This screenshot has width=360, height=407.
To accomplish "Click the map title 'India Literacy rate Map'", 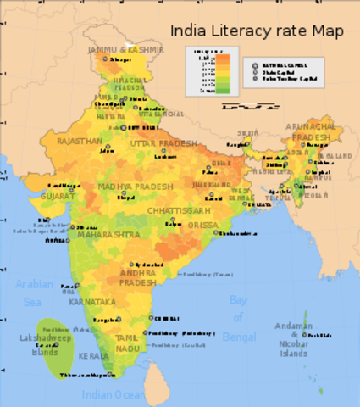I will [x=258, y=31].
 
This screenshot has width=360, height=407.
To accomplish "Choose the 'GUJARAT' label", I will [x=57, y=195].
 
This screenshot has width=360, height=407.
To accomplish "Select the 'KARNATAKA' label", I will [x=94, y=301].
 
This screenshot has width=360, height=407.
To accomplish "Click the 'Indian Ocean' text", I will [x=114, y=394].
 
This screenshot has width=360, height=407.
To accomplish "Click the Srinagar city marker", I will [x=106, y=59].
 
